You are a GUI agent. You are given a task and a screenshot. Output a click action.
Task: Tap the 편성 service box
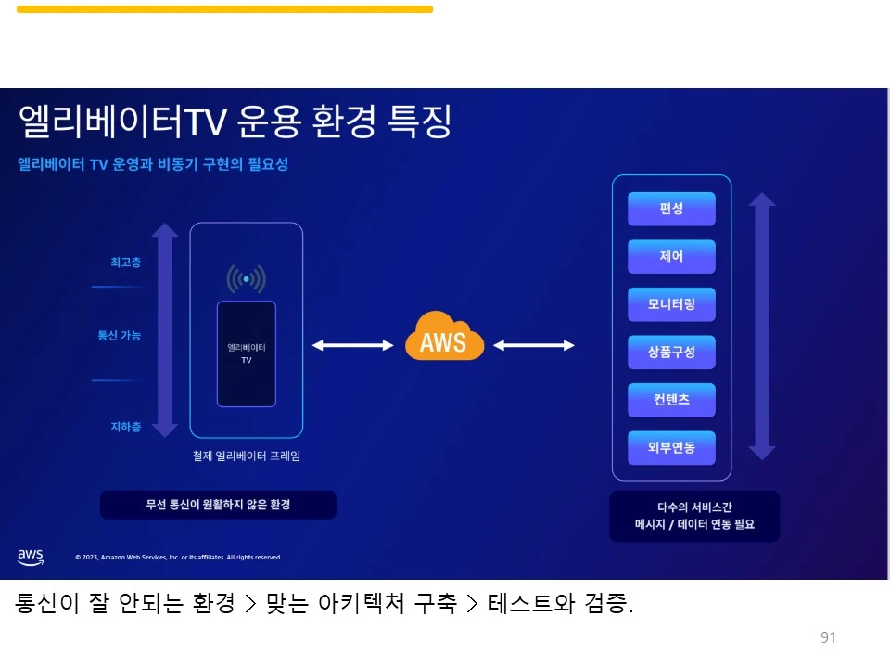tap(671, 209)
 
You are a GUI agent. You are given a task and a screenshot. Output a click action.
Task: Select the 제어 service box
tap(671, 257)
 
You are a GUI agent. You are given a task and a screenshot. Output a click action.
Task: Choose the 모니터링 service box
tap(671, 304)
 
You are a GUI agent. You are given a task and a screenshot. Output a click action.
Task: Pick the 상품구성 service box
tap(671, 353)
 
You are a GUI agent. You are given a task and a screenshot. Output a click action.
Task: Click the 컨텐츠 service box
tap(671, 400)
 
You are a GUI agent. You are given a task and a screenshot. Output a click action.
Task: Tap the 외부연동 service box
tap(671, 448)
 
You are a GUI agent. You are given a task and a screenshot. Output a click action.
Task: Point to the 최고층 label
tap(126, 263)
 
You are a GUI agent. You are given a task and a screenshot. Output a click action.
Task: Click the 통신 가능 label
tap(120, 336)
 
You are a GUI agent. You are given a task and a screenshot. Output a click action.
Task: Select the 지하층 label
tap(126, 428)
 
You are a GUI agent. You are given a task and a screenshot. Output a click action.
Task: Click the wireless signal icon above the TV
tap(247, 278)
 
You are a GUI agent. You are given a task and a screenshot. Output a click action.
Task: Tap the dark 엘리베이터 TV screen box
tap(247, 353)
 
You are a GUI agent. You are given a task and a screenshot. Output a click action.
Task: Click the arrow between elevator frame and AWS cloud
tap(353, 345)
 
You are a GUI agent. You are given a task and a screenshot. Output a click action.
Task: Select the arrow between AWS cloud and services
tap(534, 345)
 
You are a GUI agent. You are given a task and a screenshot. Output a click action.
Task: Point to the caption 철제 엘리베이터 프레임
tap(246, 456)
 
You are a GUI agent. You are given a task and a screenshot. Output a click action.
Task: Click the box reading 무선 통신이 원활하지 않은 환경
tap(218, 505)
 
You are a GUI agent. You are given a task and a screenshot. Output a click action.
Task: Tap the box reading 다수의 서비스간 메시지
tap(694, 516)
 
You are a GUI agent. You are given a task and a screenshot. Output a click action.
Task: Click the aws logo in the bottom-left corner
tap(31, 557)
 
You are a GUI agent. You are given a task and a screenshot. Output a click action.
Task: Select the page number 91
tap(828, 637)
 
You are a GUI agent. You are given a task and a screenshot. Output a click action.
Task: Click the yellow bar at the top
tap(224, 9)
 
